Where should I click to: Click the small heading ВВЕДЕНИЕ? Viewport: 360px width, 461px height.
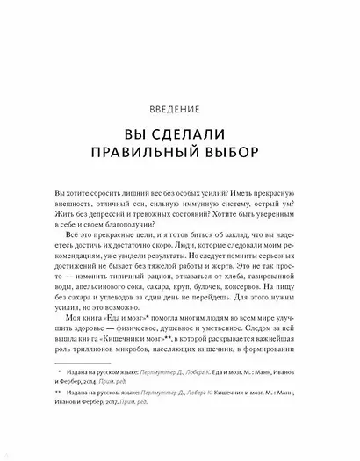[x=179, y=111]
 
